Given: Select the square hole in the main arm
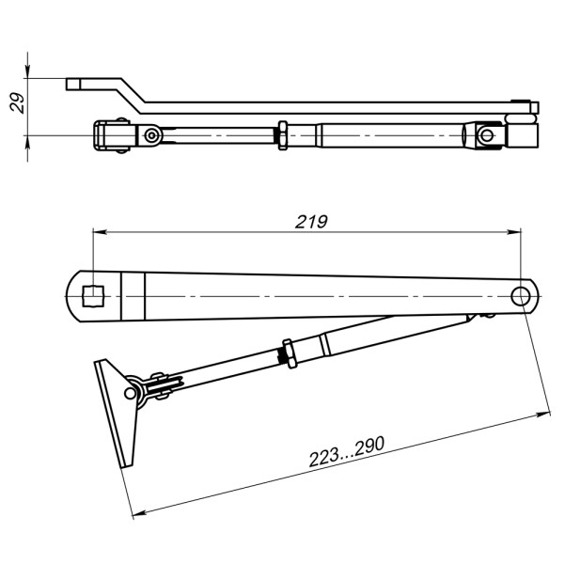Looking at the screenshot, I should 92,297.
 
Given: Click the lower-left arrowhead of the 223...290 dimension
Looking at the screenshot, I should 140,512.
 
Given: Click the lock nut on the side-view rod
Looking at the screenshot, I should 281,133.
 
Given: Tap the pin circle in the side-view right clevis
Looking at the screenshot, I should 486,134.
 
